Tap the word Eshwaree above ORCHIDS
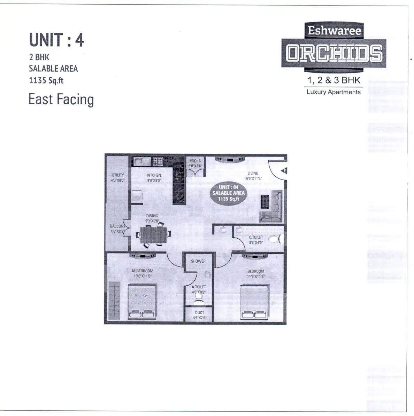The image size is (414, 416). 334,31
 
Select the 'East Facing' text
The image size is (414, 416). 61,99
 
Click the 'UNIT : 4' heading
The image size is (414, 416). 56,40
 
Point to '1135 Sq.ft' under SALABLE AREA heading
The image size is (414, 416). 46,80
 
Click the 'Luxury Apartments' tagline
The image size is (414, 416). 333,92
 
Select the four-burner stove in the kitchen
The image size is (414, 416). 158,161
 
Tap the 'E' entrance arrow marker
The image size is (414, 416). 284,171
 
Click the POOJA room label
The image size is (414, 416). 195,161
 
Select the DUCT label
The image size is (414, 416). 200,313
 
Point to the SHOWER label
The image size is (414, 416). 198,261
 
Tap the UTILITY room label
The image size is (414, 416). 118,175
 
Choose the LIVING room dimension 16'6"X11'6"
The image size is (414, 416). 253,178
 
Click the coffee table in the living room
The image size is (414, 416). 265,201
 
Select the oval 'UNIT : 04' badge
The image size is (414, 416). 229,193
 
